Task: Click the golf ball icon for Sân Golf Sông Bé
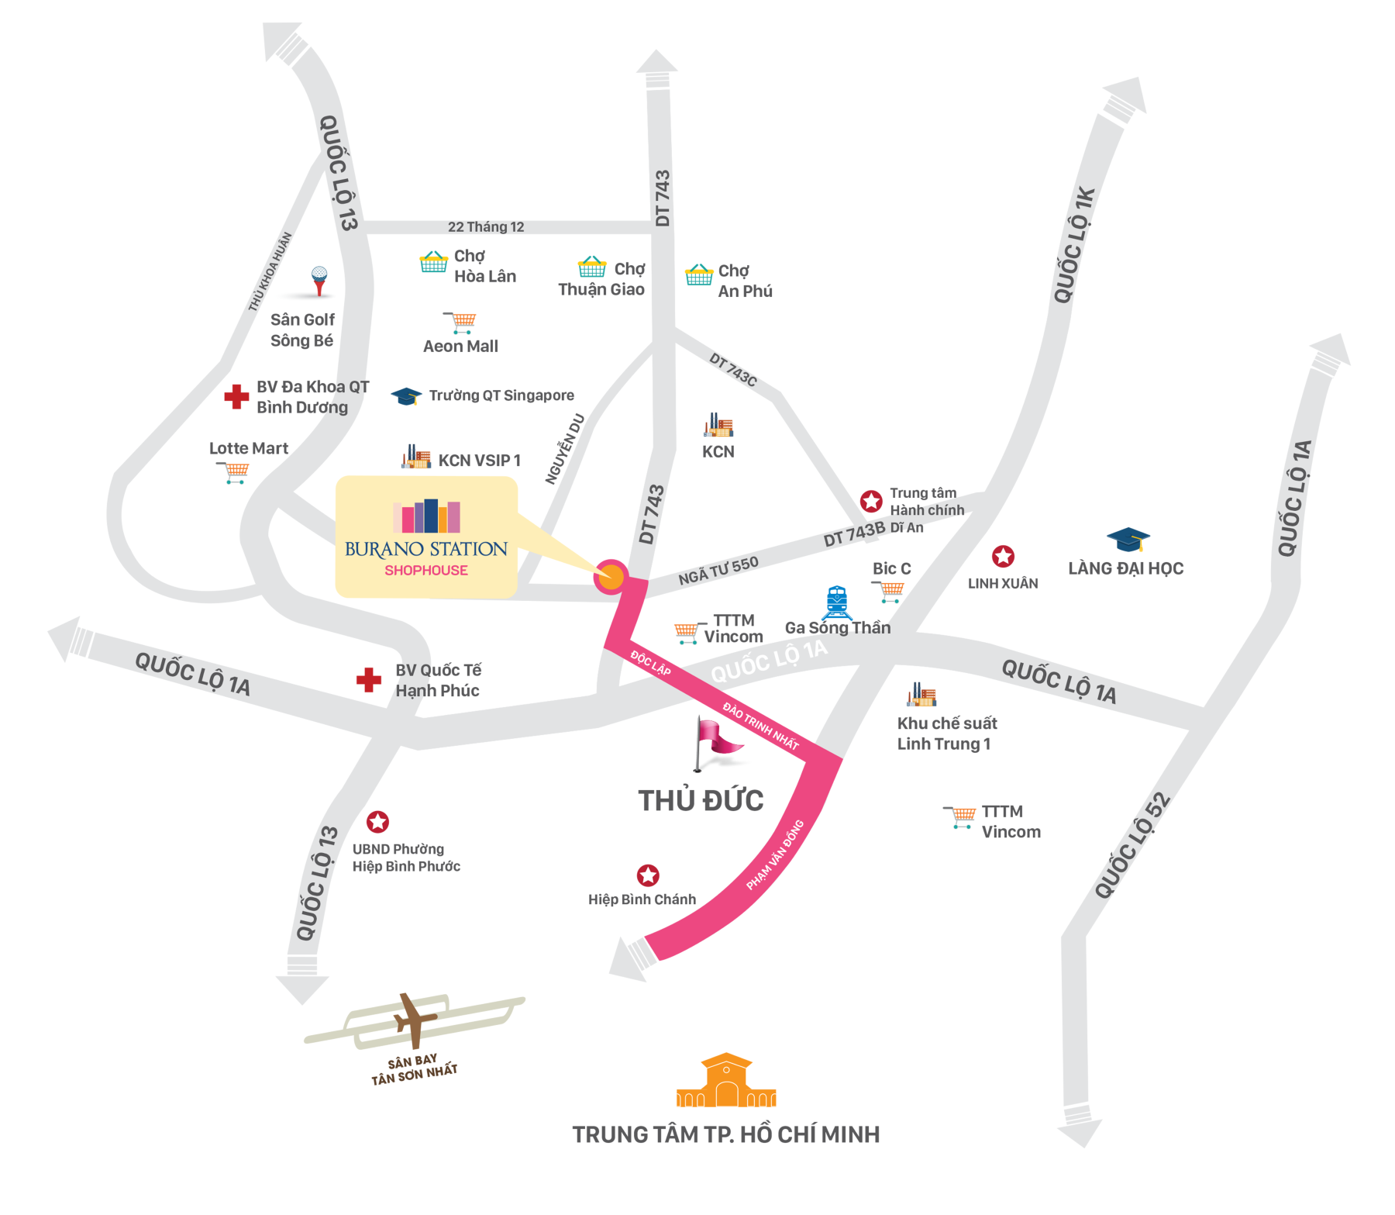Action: pos(319,277)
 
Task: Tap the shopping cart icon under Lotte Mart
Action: pos(234,471)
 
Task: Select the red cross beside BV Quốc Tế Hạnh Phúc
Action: pos(369,680)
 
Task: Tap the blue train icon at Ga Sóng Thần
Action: pos(836,601)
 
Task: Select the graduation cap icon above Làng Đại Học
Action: pos(1128,539)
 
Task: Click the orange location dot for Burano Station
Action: pos(611,577)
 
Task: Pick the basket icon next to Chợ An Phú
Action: pos(698,274)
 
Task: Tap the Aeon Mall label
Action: pos(460,347)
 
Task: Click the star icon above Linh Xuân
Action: pos(1003,556)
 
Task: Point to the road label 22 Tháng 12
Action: pos(486,226)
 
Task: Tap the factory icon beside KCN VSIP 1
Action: pos(416,457)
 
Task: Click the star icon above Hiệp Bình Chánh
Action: pos(648,875)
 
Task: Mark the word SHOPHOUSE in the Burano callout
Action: pos(426,571)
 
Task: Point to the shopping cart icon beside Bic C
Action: pos(890,592)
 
